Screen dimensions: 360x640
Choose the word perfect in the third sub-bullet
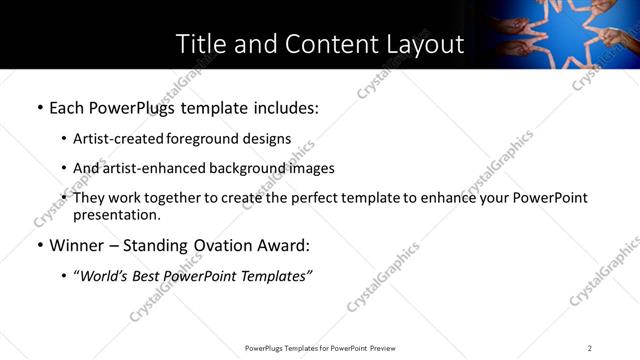333,198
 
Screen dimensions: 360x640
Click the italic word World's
109,275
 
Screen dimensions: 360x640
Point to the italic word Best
157,275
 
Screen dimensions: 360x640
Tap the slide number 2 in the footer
590,348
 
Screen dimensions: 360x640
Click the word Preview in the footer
383,348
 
